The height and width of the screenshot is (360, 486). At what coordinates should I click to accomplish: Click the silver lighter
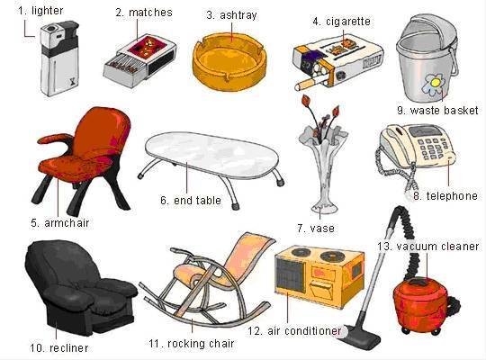[59, 58]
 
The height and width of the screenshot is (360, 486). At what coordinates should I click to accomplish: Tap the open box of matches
[139, 60]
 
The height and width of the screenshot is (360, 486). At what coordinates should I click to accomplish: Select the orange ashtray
[229, 63]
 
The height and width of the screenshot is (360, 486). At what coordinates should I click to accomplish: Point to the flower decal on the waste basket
[434, 84]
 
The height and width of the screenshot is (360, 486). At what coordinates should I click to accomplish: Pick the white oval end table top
[212, 154]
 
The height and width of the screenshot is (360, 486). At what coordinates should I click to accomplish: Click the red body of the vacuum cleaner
[423, 302]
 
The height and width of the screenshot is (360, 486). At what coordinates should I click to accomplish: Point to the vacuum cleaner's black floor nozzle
[364, 337]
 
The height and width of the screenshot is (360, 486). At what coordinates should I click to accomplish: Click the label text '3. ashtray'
[231, 15]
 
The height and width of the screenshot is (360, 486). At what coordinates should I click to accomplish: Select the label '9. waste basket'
[437, 111]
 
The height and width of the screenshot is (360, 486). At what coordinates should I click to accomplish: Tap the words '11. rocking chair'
[191, 344]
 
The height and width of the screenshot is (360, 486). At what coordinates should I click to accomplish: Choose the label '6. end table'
[191, 201]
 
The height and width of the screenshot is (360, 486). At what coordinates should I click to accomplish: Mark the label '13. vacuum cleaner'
[428, 247]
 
